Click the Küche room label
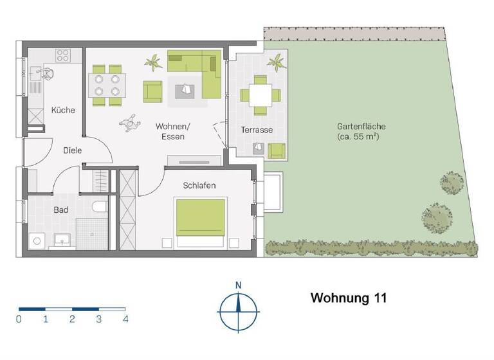click(63, 110)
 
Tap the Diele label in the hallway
click(73, 150)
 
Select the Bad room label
click(61, 210)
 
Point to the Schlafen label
click(199, 186)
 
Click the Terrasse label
click(257, 130)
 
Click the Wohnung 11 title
click(349, 298)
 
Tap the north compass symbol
click(238, 310)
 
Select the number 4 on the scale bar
click(125, 319)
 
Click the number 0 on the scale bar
click(19, 319)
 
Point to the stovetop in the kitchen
click(62, 55)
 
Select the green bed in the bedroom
click(201, 219)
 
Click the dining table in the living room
click(107, 84)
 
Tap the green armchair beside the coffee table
click(152, 91)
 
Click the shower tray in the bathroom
click(93, 233)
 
